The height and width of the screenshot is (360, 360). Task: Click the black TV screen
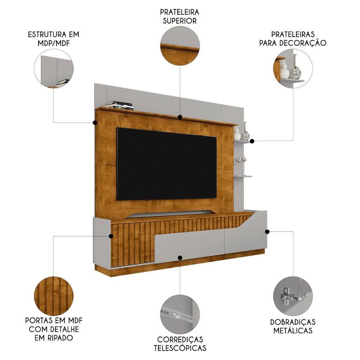(x=167, y=164)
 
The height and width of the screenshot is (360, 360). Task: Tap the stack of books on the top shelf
(x=120, y=105)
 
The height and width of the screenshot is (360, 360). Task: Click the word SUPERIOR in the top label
(x=180, y=21)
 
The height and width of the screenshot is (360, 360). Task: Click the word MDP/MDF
(x=54, y=43)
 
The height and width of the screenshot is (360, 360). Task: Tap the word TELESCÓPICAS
(x=180, y=348)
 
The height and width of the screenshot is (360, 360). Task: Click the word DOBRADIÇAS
(x=293, y=322)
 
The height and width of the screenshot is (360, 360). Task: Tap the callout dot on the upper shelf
(x=180, y=117)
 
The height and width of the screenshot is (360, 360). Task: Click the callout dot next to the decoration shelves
(x=252, y=141)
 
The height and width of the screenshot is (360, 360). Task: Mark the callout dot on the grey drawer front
(x=180, y=258)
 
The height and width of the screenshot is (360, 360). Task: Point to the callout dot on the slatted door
(x=111, y=236)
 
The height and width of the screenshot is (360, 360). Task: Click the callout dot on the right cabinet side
(x=267, y=231)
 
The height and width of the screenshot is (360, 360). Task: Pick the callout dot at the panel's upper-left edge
(x=95, y=123)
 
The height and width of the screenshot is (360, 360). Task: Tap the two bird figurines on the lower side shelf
(x=241, y=165)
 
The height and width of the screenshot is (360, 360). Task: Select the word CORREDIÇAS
(x=180, y=339)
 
